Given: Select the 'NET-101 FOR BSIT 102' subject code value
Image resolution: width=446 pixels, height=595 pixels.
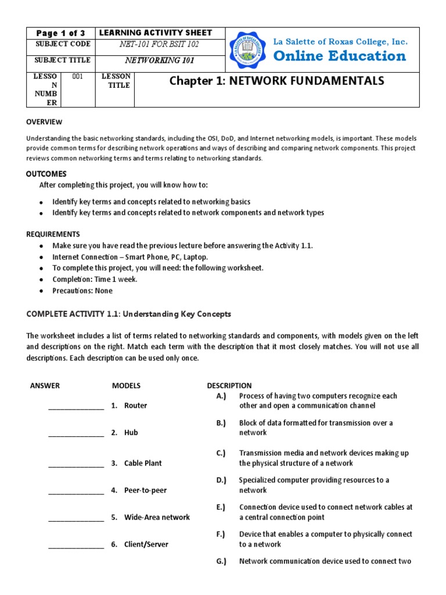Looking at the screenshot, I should click(x=160, y=44).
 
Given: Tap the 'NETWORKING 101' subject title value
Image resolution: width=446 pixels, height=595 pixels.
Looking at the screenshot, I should click(x=160, y=60).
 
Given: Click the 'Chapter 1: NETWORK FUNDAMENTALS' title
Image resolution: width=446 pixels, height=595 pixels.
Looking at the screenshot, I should click(x=276, y=81).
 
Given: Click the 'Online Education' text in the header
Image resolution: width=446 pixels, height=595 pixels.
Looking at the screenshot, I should click(x=340, y=56).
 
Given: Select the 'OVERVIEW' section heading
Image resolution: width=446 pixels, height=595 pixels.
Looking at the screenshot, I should click(x=44, y=122).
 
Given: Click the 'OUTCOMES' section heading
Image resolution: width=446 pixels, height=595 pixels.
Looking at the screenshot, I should click(x=46, y=174).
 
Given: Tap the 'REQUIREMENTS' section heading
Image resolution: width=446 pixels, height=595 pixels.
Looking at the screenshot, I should click(x=53, y=234).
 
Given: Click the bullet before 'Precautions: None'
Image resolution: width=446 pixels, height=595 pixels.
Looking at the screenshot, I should click(x=41, y=291).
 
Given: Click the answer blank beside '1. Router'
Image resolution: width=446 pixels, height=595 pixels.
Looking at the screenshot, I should click(x=76, y=407).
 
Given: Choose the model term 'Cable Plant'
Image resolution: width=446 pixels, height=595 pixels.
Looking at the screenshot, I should click(x=143, y=463).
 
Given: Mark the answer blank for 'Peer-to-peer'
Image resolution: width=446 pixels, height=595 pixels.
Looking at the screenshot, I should click(x=76, y=492).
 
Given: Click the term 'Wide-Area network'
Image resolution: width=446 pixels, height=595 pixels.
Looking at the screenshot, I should click(x=157, y=517).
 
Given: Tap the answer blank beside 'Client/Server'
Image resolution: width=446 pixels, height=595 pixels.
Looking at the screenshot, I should click(x=76, y=546).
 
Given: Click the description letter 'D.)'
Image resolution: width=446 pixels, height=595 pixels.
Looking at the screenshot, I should click(x=221, y=480).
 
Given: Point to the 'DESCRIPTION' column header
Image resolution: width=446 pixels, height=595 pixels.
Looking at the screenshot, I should click(x=229, y=385).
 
